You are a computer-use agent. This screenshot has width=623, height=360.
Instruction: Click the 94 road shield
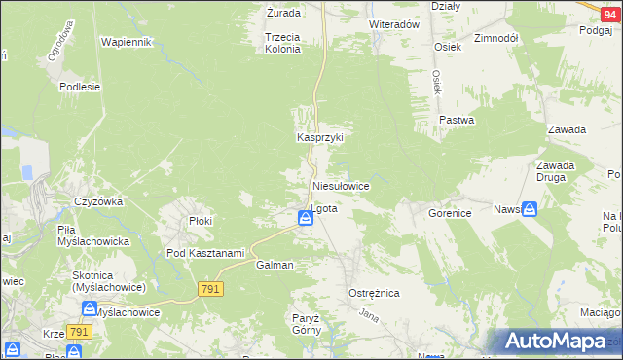(609, 7)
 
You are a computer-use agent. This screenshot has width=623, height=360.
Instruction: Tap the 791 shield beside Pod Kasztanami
(211, 289)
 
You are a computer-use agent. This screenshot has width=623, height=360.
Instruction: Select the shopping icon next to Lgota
(306, 221)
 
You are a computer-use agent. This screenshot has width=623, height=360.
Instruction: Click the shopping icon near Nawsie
(529, 209)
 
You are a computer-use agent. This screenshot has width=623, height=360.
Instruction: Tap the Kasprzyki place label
(320, 138)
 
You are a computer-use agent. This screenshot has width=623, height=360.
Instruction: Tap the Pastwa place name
(456, 121)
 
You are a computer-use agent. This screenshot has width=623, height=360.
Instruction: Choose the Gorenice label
(450, 211)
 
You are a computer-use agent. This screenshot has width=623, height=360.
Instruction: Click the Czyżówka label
(97, 201)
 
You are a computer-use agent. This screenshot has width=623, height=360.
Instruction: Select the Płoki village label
(201, 221)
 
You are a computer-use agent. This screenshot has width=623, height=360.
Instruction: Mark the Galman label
(275, 265)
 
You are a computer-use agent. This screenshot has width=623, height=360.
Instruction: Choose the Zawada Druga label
(555, 171)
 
